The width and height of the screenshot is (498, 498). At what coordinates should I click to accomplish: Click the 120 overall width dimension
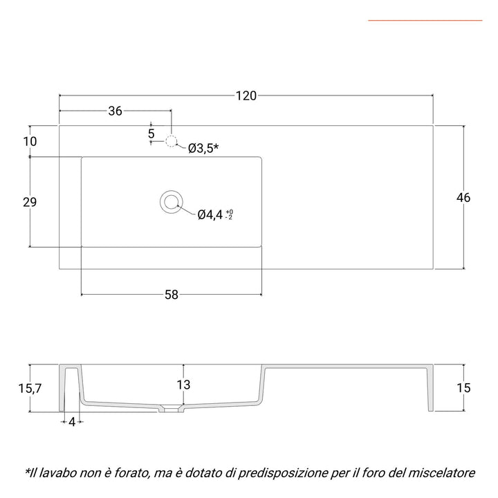click(x=246, y=95)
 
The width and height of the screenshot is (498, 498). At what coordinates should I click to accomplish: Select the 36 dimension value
click(x=115, y=111)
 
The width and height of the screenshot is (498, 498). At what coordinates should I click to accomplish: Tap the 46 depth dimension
click(x=463, y=198)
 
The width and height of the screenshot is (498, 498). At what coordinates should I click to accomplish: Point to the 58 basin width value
click(x=172, y=295)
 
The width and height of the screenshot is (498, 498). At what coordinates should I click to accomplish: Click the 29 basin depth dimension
click(x=29, y=202)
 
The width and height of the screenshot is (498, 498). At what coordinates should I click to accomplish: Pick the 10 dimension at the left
click(x=29, y=142)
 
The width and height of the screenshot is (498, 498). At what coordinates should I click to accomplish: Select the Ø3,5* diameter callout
click(x=203, y=147)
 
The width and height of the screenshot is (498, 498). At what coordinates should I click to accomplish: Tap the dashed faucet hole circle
click(x=172, y=142)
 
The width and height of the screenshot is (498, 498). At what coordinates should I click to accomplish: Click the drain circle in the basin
click(x=170, y=201)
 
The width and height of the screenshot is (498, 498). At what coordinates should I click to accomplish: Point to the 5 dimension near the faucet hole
click(x=151, y=132)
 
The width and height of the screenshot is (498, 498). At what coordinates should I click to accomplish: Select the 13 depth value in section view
click(x=183, y=385)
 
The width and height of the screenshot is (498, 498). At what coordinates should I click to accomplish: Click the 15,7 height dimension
click(x=29, y=389)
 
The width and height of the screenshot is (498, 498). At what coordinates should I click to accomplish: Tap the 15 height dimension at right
click(x=463, y=389)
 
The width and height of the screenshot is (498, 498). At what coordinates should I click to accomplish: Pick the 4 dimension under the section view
click(x=72, y=422)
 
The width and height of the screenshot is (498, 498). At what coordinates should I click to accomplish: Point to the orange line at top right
click(x=425, y=21)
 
